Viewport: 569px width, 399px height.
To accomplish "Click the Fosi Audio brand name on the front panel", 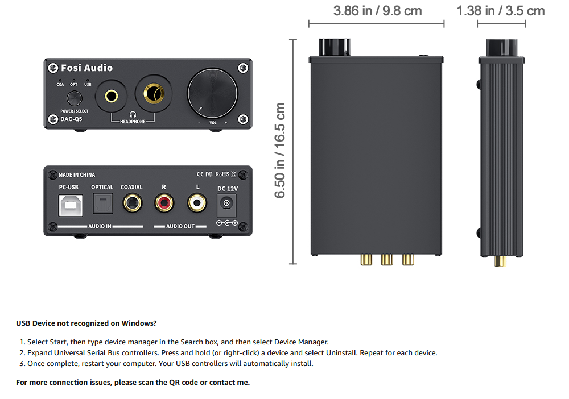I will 85,68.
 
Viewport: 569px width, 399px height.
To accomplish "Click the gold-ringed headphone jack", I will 153,94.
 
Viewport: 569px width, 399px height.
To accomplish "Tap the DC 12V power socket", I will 228,203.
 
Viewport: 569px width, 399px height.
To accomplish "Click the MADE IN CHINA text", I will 77,175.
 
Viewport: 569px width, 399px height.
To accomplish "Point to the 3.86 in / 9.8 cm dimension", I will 377,11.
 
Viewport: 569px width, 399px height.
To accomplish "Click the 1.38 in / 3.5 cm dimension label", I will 501,11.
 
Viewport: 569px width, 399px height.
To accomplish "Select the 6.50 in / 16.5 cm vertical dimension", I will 280,151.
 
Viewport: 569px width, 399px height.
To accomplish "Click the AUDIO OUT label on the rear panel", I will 180,226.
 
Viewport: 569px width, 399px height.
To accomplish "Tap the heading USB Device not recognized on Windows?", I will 86,323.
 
